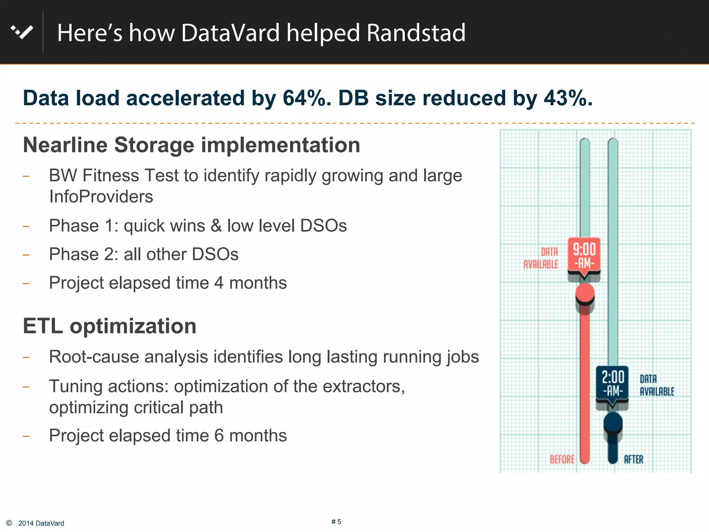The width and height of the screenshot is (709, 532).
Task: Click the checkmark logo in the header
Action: pyautogui.click(x=22, y=32)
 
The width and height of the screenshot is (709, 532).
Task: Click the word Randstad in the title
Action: pyautogui.click(x=416, y=33)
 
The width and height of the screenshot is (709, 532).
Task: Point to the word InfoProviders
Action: pyautogui.click(x=101, y=197)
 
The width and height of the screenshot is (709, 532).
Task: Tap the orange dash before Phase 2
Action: pyautogui.click(x=26, y=255)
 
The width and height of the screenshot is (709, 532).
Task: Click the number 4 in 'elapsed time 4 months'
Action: pyautogui.click(x=219, y=283)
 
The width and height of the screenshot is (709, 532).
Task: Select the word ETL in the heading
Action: pyautogui.click(x=43, y=326)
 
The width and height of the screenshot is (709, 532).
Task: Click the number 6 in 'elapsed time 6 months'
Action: pyautogui.click(x=219, y=436)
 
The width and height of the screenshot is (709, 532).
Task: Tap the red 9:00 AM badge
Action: pyautogui.click(x=584, y=256)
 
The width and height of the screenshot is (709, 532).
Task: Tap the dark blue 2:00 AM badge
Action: pyautogui.click(x=612, y=383)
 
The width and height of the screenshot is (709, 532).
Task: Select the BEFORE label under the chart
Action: pyautogui.click(x=562, y=459)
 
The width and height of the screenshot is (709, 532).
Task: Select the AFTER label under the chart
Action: pyautogui.click(x=633, y=459)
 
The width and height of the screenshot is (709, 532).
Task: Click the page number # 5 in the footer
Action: pyautogui.click(x=336, y=522)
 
